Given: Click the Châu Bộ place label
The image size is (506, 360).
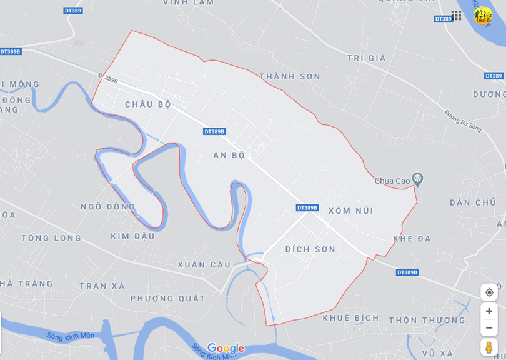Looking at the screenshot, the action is [x=147, y=104].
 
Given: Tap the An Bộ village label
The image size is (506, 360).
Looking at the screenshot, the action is [x=229, y=155].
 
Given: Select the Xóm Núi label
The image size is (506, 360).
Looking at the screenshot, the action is [x=350, y=211].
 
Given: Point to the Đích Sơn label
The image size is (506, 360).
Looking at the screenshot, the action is [x=310, y=249].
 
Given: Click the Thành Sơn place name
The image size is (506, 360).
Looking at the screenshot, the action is [x=289, y=76].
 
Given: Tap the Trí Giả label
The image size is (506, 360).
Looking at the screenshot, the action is [x=367, y=58].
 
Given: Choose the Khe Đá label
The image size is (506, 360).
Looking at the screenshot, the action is [x=412, y=239].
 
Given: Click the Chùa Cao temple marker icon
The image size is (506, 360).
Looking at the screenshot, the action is [x=418, y=180].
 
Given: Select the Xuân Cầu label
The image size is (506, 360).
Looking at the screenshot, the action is [x=204, y=265].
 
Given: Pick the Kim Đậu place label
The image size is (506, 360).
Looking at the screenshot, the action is [x=132, y=236].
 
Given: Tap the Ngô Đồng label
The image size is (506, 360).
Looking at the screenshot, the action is [x=107, y=206].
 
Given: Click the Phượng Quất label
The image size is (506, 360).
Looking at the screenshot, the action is [x=167, y=299].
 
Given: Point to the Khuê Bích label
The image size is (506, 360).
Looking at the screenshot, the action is [x=350, y=318].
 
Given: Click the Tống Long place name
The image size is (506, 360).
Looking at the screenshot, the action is [x=51, y=238].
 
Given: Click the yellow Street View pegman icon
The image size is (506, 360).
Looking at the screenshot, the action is [x=489, y=347].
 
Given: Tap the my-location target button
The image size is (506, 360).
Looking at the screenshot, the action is [x=489, y=292].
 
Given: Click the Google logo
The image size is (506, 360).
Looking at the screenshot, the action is [x=226, y=348].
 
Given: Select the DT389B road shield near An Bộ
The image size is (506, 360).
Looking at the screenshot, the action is [x=214, y=131].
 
